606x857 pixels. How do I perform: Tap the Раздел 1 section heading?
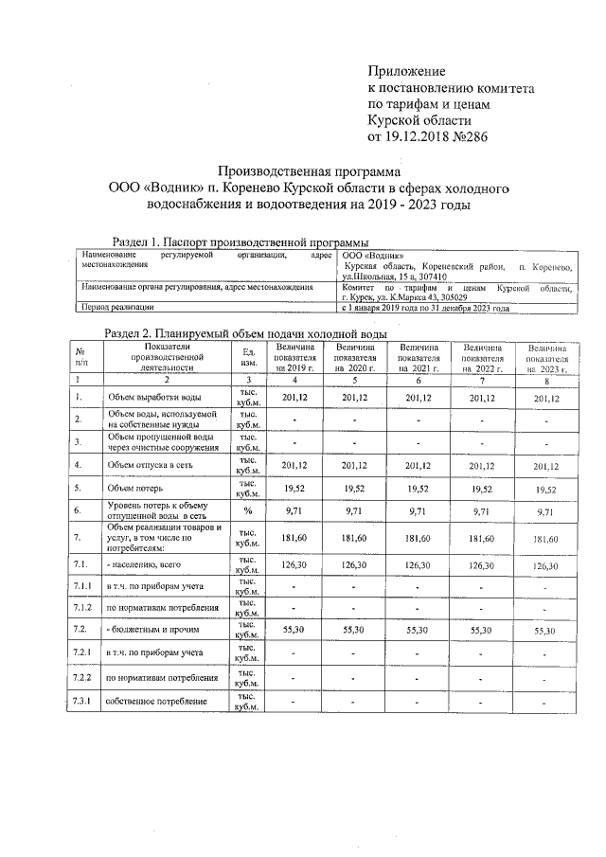click(x=241, y=242)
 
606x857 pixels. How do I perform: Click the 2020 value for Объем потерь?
click(x=353, y=489)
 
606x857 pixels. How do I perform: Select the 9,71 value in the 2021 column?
click(x=418, y=511)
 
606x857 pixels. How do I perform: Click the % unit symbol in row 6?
click(x=248, y=511)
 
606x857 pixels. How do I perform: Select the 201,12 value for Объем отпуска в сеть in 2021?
click(x=418, y=465)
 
